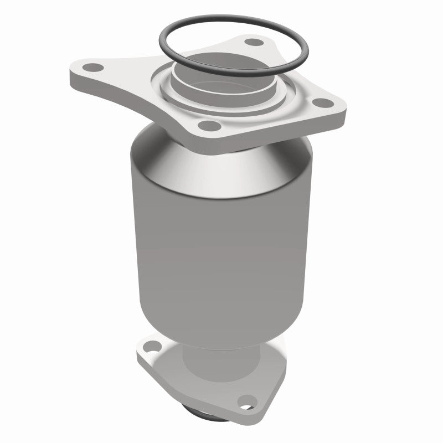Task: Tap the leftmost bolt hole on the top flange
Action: tap(95, 68)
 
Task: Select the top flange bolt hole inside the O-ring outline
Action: tap(254, 42)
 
